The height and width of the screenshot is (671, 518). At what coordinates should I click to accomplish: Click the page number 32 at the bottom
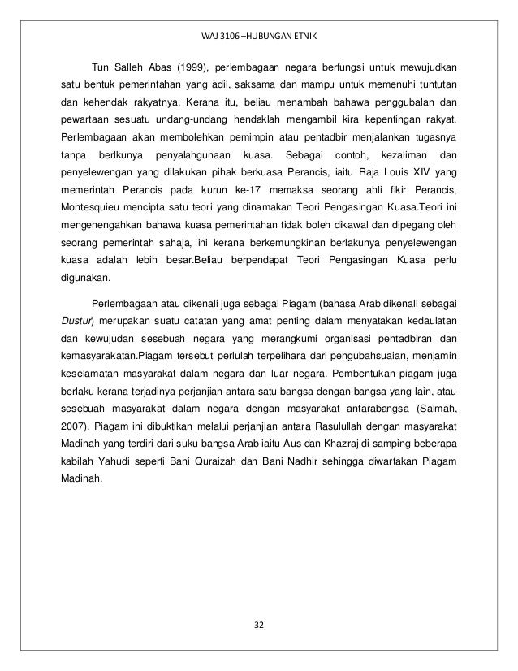(259, 625)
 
